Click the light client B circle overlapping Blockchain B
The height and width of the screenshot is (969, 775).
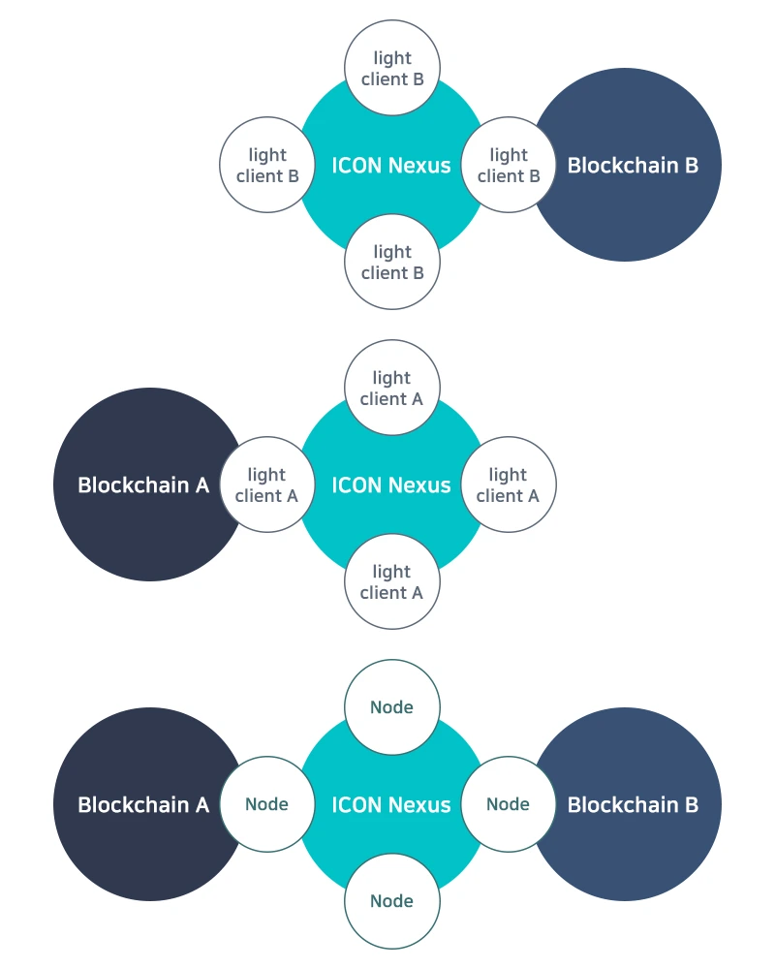[509, 165]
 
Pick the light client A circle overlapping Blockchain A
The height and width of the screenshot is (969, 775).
[267, 484]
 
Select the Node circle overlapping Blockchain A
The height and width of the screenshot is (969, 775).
[267, 804]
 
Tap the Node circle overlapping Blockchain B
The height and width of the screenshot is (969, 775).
[509, 804]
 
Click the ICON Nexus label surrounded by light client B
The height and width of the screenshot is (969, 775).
[391, 166]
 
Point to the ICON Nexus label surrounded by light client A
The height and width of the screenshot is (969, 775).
[391, 485]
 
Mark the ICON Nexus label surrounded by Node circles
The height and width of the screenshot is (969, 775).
[391, 804]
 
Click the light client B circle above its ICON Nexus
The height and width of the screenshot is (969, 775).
[392, 68]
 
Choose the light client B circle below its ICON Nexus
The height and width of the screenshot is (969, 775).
[392, 262]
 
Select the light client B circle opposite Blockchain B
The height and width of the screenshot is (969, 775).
[267, 165]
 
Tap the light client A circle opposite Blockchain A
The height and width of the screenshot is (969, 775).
[509, 484]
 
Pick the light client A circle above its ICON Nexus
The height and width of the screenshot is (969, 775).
[392, 388]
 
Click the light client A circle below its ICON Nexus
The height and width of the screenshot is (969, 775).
[392, 581]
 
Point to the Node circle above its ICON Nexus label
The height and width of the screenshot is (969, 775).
[392, 707]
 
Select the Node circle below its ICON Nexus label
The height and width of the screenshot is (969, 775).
[392, 901]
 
